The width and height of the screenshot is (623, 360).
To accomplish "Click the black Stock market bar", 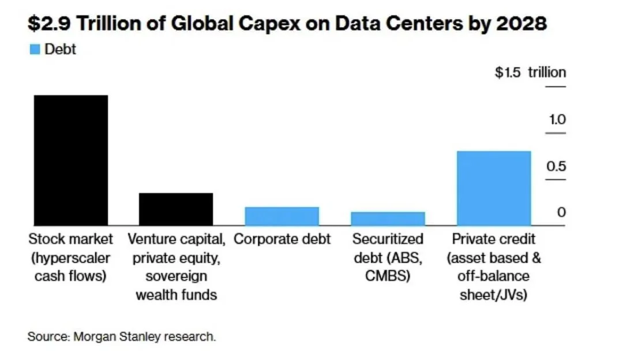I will tap(70, 160).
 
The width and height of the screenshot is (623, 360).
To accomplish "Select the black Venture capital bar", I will tap(176, 209).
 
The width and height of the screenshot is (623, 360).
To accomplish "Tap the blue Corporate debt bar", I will tap(282, 216).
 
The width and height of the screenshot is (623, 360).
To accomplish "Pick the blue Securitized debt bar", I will tap(388, 218).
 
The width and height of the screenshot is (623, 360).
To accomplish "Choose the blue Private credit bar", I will tap(494, 188).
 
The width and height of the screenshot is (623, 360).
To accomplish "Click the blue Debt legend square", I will tap(35, 50).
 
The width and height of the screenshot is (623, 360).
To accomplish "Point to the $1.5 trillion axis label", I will tap(530, 73).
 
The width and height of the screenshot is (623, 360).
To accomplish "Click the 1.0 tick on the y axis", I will tap(557, 120).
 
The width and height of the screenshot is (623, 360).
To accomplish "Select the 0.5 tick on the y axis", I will tap(557, 167).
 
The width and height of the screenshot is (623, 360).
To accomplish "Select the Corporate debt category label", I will tap(282, 239).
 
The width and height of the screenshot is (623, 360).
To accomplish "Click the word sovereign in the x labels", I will tap(176, 276).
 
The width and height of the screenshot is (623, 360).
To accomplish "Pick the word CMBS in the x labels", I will tap(388, 276).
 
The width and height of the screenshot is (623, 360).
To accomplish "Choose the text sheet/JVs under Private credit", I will tap(494, 294).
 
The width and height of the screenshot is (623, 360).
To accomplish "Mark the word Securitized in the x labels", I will tap(388, 239).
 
